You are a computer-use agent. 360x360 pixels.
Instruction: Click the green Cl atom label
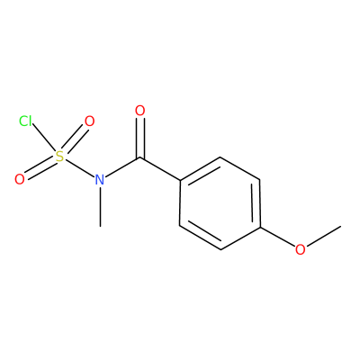[x=25, y=121]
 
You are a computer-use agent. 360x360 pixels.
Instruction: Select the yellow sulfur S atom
[x=59, y=157]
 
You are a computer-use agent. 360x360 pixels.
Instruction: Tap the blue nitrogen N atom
[x=100, y=180]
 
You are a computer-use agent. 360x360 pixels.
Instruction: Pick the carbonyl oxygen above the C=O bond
[x=139, y=111]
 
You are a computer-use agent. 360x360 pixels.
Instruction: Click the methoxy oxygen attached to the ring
[x=300, y=249]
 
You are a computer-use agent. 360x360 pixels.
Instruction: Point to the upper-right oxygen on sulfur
[x=89, y=121]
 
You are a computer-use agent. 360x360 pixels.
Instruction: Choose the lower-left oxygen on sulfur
[x=20, y=179]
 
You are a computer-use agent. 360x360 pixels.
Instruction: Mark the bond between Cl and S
[x=44, y=138]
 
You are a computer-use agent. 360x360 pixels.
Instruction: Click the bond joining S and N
[x=79, y=168]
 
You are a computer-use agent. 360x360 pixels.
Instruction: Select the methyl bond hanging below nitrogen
[x=100, y=207]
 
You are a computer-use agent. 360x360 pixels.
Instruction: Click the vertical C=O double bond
[x=139, y=138]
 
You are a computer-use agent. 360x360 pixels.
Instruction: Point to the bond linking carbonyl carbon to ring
[x=160, y=168]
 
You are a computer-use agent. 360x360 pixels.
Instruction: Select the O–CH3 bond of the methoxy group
[x=323, y=237]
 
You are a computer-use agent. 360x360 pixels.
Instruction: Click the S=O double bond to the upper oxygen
[x=74, y=139]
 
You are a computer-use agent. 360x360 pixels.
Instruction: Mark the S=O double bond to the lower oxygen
[x=40, y=168]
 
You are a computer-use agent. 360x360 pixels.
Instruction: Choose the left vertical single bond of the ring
[x=180, y=203]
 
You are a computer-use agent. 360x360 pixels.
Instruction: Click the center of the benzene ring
[x=220, y=203]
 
